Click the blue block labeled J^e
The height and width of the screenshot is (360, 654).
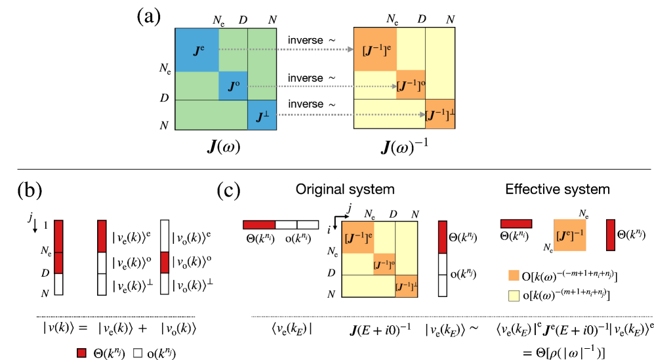(x=197, y=50)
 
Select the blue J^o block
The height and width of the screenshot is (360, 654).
(x=233, y=86)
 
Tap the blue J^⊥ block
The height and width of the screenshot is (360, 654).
(x=262, y=115)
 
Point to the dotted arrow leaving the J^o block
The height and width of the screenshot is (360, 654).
(x=321, y=86)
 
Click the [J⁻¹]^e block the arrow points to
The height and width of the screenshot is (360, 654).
(x=375, y=49)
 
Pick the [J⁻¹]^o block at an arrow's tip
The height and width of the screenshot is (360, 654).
(x=411, y=85)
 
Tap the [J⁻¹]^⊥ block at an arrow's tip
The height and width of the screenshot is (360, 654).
(x=439, y=115)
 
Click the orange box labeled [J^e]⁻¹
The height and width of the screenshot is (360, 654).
(x=570, y=235)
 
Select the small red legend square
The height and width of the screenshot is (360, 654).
(x=81, y=353)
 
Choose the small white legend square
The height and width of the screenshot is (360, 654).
(x=138, y=353)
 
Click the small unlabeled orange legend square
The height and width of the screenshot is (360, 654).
(x=514, y=275)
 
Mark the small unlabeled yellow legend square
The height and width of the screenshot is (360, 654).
(x=514, y=296)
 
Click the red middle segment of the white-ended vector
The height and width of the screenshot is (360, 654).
(x=165, y=262)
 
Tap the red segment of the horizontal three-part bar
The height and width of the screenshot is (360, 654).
(x=259, y=225)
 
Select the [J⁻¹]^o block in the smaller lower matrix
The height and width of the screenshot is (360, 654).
(x=384, y=264)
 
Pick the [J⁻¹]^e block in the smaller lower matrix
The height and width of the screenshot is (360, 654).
(x=358, y=237)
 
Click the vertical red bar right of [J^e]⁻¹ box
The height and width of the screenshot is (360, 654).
(x=611, y=235)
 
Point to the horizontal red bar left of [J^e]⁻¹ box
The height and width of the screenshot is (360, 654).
(x=516, y=224)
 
